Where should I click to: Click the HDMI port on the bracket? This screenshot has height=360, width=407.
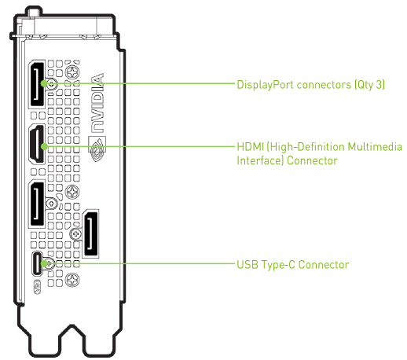pyautogui.click(x=37, y=144)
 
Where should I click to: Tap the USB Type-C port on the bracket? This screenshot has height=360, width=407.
pyautogui.click(x=37, y=263)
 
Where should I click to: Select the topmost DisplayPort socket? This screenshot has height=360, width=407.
pyautogui.click(x=37, y=84)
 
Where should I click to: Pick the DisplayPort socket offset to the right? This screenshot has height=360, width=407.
pyautogui.click(x=91, y=233)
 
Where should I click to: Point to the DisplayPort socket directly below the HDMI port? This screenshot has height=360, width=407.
pyautogui.click(x=37, y=204)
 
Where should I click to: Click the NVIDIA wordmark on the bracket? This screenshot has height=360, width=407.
pyautogui.click(x=97, y=103)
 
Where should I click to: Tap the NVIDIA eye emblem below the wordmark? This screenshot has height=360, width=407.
pyautogui.click(x=97, y=149)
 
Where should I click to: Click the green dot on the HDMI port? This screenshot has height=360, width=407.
pyautogui.click(x=45, y=146)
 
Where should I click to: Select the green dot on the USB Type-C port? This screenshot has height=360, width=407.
pyautogui.click(x=45, y=263)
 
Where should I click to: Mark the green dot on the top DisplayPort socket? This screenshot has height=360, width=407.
pyautogui.click(x=44, y=83)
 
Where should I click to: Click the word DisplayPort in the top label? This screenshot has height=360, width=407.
pyautogui.click(x=265, y=85)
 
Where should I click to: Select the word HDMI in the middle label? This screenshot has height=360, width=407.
pyautogui.click(x=250, y=147)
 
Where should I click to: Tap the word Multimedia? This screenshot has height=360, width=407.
pyautogui.click(x=375, y=147)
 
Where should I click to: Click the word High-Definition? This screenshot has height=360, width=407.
pyautogui.click(x=306, y=147)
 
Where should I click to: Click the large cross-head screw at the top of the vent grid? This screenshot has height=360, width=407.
pyautogui.click(x=72, y=72)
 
